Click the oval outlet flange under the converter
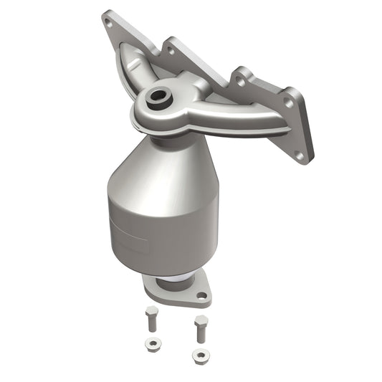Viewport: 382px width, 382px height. pyautogui.click(x=176, y=290)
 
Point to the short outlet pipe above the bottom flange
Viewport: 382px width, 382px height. pyautogui.click(x=173, y=276)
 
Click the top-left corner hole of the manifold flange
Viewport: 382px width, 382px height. pyautogui.click(x=109, y=22)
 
